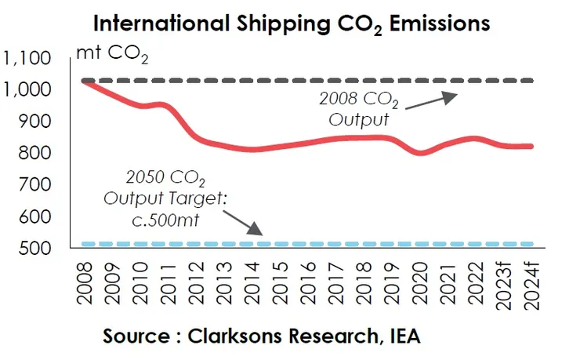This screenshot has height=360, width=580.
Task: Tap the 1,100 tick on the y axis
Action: coord(27,58)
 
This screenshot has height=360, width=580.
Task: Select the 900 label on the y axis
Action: coord(35,122)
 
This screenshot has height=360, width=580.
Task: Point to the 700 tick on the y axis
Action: coord(35,185)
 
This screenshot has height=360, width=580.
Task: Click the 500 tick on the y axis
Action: coord(35,249)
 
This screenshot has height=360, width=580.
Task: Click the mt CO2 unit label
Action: coord(111,56)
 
